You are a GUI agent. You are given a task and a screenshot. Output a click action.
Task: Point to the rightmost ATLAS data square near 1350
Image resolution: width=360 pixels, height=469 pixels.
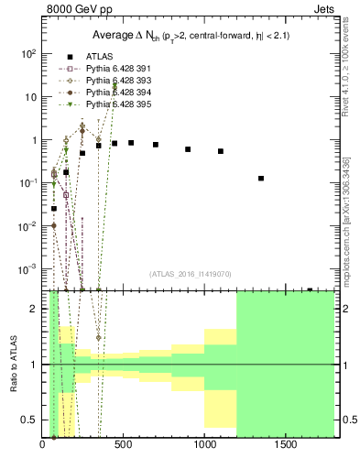pos(261,179)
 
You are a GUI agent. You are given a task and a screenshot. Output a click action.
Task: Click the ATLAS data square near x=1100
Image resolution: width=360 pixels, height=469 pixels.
pos(221,151)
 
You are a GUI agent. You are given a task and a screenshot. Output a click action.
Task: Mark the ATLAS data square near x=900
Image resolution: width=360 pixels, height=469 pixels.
pos(188,148)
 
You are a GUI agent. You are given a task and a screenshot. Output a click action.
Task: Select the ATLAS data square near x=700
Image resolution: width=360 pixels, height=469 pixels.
pos(156,145)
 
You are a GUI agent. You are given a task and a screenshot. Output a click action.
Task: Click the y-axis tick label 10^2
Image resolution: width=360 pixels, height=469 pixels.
pos(28,54)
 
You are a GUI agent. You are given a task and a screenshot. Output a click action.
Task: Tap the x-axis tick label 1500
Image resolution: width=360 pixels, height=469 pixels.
pos(286,444)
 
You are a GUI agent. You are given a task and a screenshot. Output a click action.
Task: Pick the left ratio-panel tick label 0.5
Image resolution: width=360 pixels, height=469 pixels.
pos(31,420)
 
